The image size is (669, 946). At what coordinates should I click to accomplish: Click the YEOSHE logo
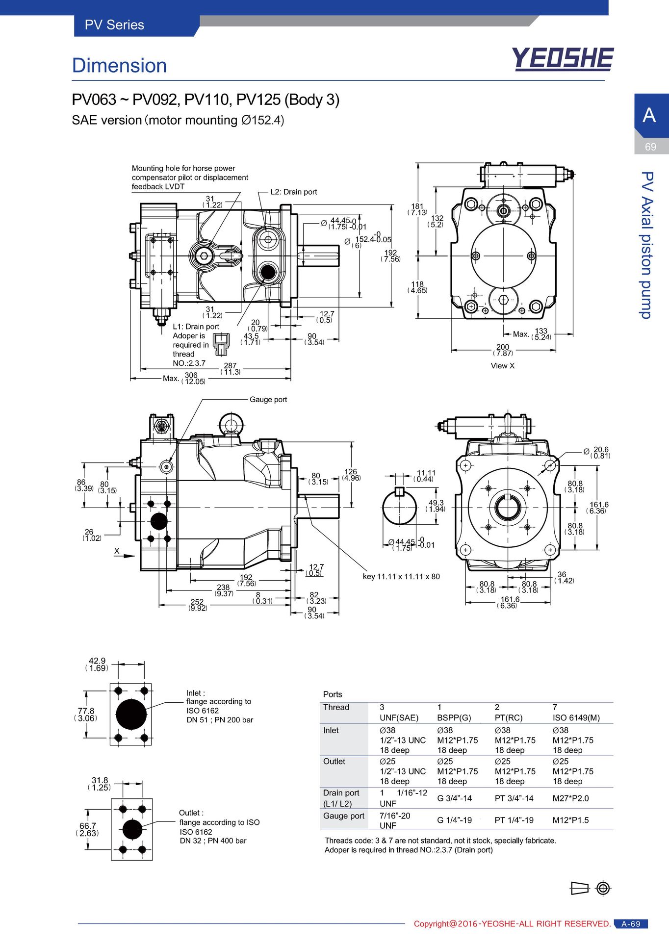point(563,59)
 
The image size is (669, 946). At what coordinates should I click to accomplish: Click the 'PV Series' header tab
point(114,25)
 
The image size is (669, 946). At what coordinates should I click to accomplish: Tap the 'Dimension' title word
point(119,65)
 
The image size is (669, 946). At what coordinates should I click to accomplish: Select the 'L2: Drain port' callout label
point(294,192)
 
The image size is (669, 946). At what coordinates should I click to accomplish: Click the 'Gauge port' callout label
point(268,400)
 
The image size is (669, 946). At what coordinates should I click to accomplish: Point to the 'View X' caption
point(503,366)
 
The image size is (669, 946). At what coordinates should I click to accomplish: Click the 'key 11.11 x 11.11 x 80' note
point(401,577)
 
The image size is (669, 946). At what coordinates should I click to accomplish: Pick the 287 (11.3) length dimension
point(231,369)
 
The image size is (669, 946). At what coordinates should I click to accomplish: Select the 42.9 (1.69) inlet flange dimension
point(97,665)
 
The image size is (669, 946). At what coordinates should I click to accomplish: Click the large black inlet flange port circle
point(131,714)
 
